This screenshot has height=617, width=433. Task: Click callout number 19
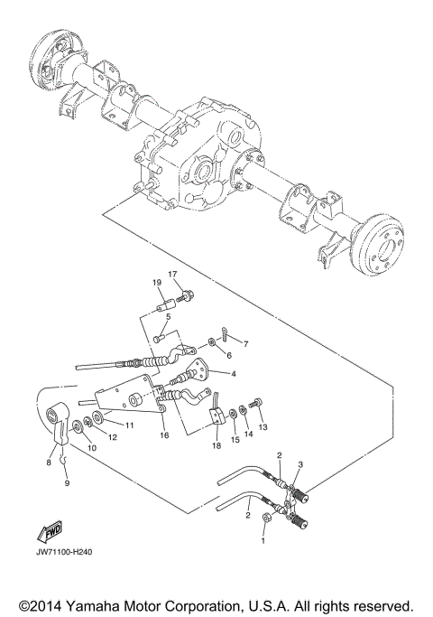pos(157,283)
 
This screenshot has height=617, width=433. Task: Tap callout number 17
pos(172,274)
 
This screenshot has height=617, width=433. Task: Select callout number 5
pos(168,316)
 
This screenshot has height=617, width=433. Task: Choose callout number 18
pos(216,445)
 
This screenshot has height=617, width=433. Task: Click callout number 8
pos(50,462)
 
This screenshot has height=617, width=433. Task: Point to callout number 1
pos(263,542)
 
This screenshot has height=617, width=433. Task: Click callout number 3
pos(300,463)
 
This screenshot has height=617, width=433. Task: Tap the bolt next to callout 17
pos(187,295)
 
